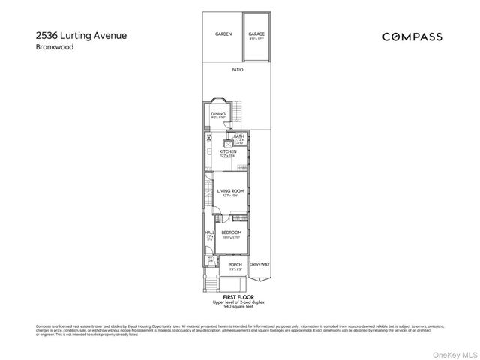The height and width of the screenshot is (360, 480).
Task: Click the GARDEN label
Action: (223, 34)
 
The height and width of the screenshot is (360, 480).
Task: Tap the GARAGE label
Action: (257, 34)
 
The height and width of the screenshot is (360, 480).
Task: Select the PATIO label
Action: (237, 69)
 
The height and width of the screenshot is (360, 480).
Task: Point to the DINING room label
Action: (218, 113)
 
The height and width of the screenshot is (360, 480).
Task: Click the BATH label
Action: (238, 136)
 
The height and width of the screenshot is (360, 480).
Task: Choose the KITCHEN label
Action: (228, 151)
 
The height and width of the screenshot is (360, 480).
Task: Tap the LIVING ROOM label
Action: (231, 190)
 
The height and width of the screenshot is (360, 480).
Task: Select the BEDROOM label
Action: (231, 232)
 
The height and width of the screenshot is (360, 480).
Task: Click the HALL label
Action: (209, 233)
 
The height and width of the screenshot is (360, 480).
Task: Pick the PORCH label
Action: (235, 265)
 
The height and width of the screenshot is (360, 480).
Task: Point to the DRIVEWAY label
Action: (259, 265)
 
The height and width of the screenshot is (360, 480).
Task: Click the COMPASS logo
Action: (412, 37)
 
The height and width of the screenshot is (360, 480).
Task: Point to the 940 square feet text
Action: (235, 307)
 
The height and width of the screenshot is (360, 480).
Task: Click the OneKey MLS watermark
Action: (457, 354)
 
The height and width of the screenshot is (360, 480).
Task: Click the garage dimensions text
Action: (257, 39)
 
